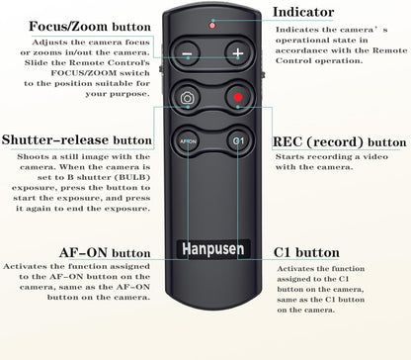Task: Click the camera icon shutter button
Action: [x=188, y=99]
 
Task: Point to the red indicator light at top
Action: [x=211, y=23]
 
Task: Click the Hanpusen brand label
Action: [x=209, y=246]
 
